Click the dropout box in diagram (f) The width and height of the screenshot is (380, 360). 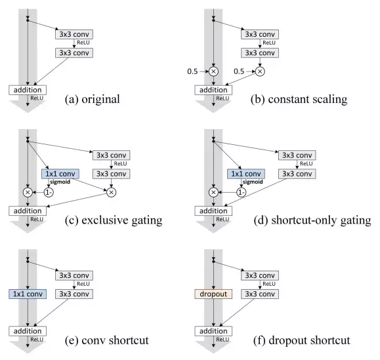click(213, 294)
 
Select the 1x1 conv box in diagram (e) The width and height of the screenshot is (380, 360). click(28, 294)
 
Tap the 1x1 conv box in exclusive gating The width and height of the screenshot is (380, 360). click(60, 174)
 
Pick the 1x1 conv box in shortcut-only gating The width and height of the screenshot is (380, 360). click(246, 174)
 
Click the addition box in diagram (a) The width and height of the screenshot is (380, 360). click(28, 90)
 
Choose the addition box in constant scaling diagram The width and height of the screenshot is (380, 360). click(213, 90)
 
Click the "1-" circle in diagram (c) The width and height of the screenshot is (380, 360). click(49, 193)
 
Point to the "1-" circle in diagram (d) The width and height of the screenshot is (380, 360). click(241, 193)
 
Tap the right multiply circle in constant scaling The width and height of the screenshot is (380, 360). click(260, 71)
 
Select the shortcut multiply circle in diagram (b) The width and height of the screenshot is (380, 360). click(213, 71)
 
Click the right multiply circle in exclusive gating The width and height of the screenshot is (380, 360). click(111, 193)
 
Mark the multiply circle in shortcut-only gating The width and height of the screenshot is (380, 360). click(213, 193)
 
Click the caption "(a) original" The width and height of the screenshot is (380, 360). click(93, 99)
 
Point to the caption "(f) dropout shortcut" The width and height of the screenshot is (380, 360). click(302, 340)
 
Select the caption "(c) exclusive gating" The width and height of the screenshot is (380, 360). click(114, 220)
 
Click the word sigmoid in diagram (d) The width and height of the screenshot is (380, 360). click(253, 182)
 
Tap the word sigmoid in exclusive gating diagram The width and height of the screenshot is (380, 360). click(60, 182)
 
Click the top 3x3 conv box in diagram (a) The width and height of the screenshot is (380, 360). click(74, 34)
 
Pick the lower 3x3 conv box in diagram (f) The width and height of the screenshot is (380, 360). click(260, 294)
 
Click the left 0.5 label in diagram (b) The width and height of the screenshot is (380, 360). click(192, 71)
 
